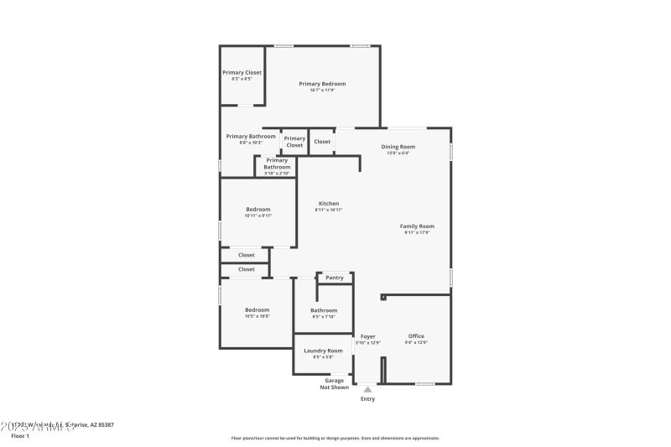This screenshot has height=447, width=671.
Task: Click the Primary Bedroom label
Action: [323, 84]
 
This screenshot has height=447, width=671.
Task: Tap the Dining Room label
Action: [398, 147]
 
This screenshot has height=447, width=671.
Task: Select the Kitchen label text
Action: [329, 204]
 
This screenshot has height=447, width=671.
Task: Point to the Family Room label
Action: [417, 226]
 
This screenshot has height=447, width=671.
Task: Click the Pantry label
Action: [335, 278]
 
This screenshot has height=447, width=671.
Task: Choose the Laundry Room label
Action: [323, 351]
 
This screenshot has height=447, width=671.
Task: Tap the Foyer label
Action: [367, 336]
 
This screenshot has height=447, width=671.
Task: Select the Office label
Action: [416, 336]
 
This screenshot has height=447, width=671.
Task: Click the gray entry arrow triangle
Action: [367, 389]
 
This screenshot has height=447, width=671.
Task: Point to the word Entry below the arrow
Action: [367, 399]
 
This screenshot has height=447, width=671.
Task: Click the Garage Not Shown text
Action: [334, 383]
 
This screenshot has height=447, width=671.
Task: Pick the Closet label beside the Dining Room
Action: [322, 142]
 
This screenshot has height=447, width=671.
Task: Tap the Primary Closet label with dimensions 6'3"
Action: [242, 73]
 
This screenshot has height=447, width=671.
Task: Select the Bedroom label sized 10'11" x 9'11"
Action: [257, 210]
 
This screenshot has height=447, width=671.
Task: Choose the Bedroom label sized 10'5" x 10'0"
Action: [257, 310]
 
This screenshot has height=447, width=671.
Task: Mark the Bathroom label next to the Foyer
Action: [324, 310]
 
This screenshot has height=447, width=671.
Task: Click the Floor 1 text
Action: [20, 436]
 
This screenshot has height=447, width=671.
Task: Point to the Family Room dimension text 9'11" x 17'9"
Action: [417, 232]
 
